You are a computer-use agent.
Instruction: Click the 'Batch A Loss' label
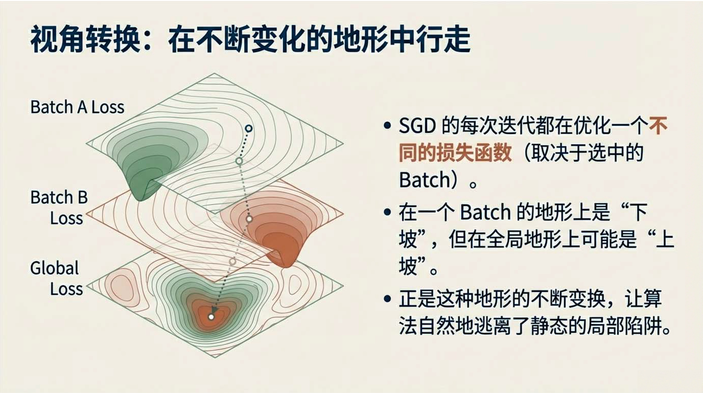[77, 107]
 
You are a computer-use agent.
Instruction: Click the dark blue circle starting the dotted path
[249, 128]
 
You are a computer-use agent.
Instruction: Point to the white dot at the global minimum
[211, 317]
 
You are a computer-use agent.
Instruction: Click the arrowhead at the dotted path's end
[215, 309]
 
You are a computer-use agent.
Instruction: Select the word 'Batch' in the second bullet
[485, 212]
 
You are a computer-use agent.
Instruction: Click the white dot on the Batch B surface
[249, 219]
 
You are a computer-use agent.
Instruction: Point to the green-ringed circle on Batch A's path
[239, 161]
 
